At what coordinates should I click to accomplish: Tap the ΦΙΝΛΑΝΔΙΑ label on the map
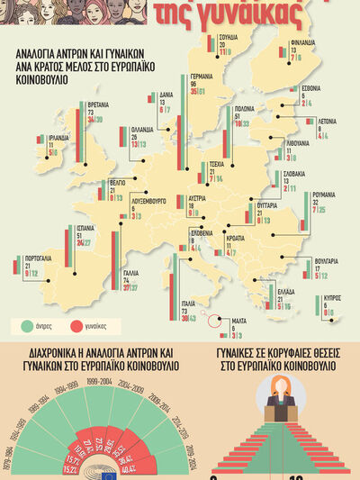[x=301, y=41]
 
